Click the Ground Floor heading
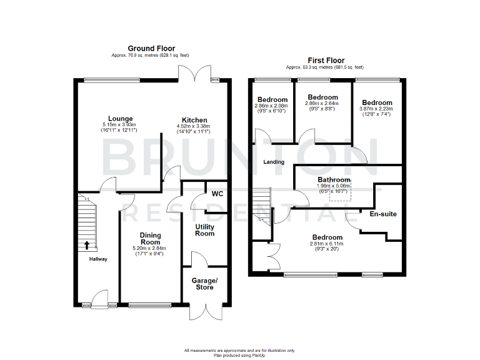(x=151, y=48)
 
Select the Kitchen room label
(x=194, y=120)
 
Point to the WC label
(x=217, y=193)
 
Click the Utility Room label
(x=205, y=230)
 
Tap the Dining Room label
(x=150, y=238)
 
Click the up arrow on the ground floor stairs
(x=86, y=244)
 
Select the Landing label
(x=274, y=162)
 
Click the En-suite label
(x=383, y=214)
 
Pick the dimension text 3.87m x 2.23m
(x=377, y=109)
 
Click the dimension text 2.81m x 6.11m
(x=328, y=245)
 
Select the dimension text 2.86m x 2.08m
(x=272, y=106)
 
